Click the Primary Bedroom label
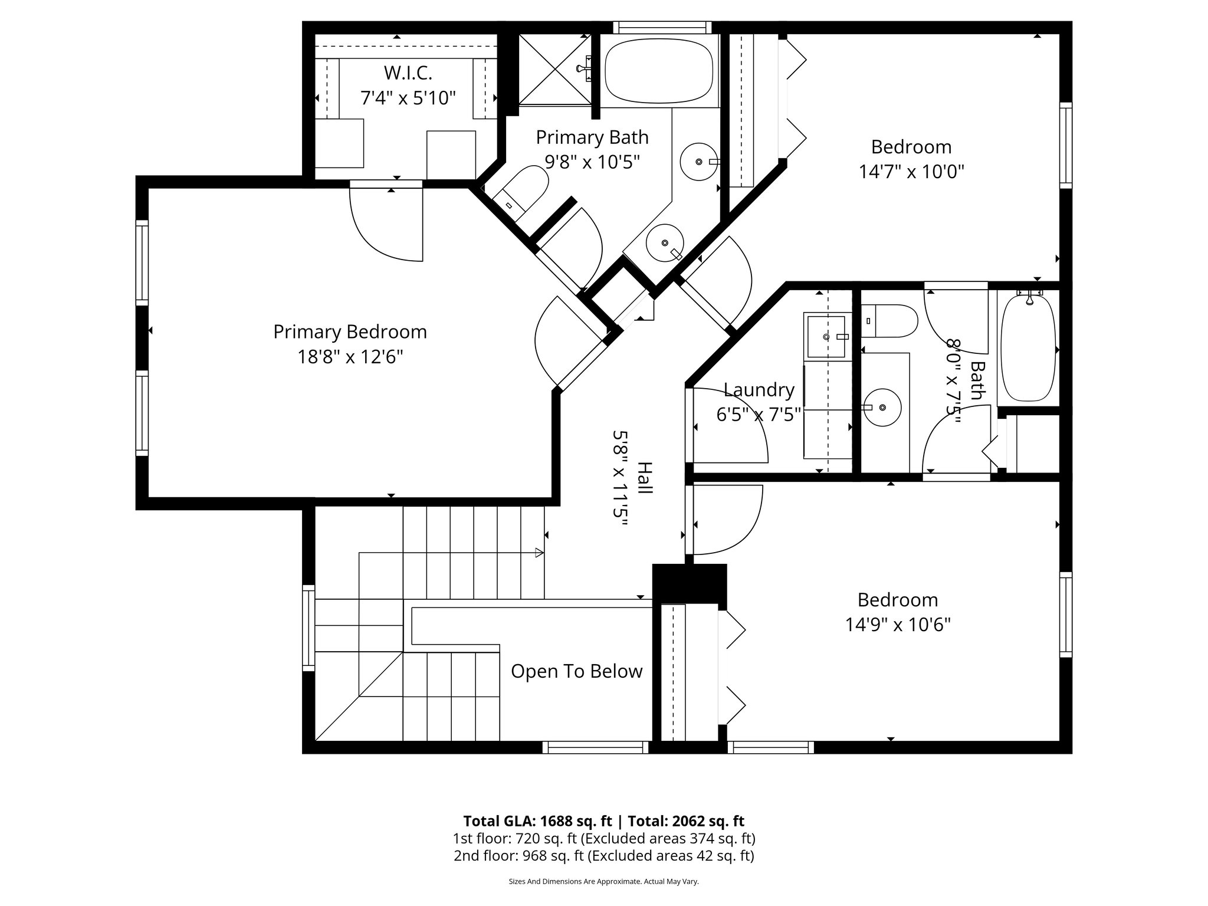[350, 332]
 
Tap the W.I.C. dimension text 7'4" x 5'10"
[408, 97]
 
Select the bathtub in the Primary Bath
[659, 71]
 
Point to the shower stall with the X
[554, 70]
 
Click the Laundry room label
[759, 390]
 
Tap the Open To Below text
[576, 671]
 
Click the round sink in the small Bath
[882, 408]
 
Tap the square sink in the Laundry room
[826, 336]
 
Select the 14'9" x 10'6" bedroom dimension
[898, 625]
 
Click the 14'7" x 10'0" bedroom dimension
[911, 172]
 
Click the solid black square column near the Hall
[690, 583]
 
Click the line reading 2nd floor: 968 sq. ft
[603, 856]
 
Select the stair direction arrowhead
[539, 553]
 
